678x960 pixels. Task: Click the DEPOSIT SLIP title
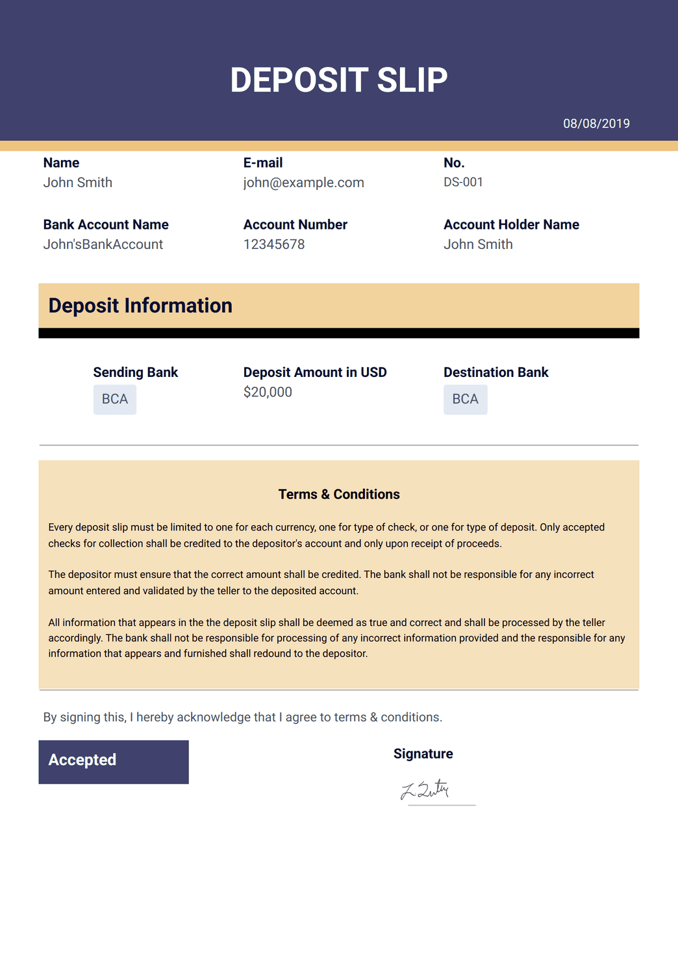pos(339,80)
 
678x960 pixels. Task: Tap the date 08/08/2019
pos(596,123)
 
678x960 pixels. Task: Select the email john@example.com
pos(303,183)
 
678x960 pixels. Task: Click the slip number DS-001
pos(463,182)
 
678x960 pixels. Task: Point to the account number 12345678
pos(273,244)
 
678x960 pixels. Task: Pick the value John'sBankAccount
pos(103,244)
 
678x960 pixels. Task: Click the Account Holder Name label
pos(511,224)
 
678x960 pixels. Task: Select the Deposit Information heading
pos(140,305)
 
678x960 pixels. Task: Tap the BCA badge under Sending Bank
pos(115,399)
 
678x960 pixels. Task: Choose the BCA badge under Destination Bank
pos(465,399)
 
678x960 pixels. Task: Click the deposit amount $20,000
pos(268,392)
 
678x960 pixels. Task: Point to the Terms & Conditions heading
pos(339,494)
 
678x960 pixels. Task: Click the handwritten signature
pos(425,790)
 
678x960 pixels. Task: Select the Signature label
pos(423,753)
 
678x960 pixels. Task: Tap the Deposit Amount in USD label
pos(315,372)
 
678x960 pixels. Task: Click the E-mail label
pos(263,162)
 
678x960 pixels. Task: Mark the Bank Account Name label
pos(106,224)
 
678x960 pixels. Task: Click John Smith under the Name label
pos(78,183)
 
